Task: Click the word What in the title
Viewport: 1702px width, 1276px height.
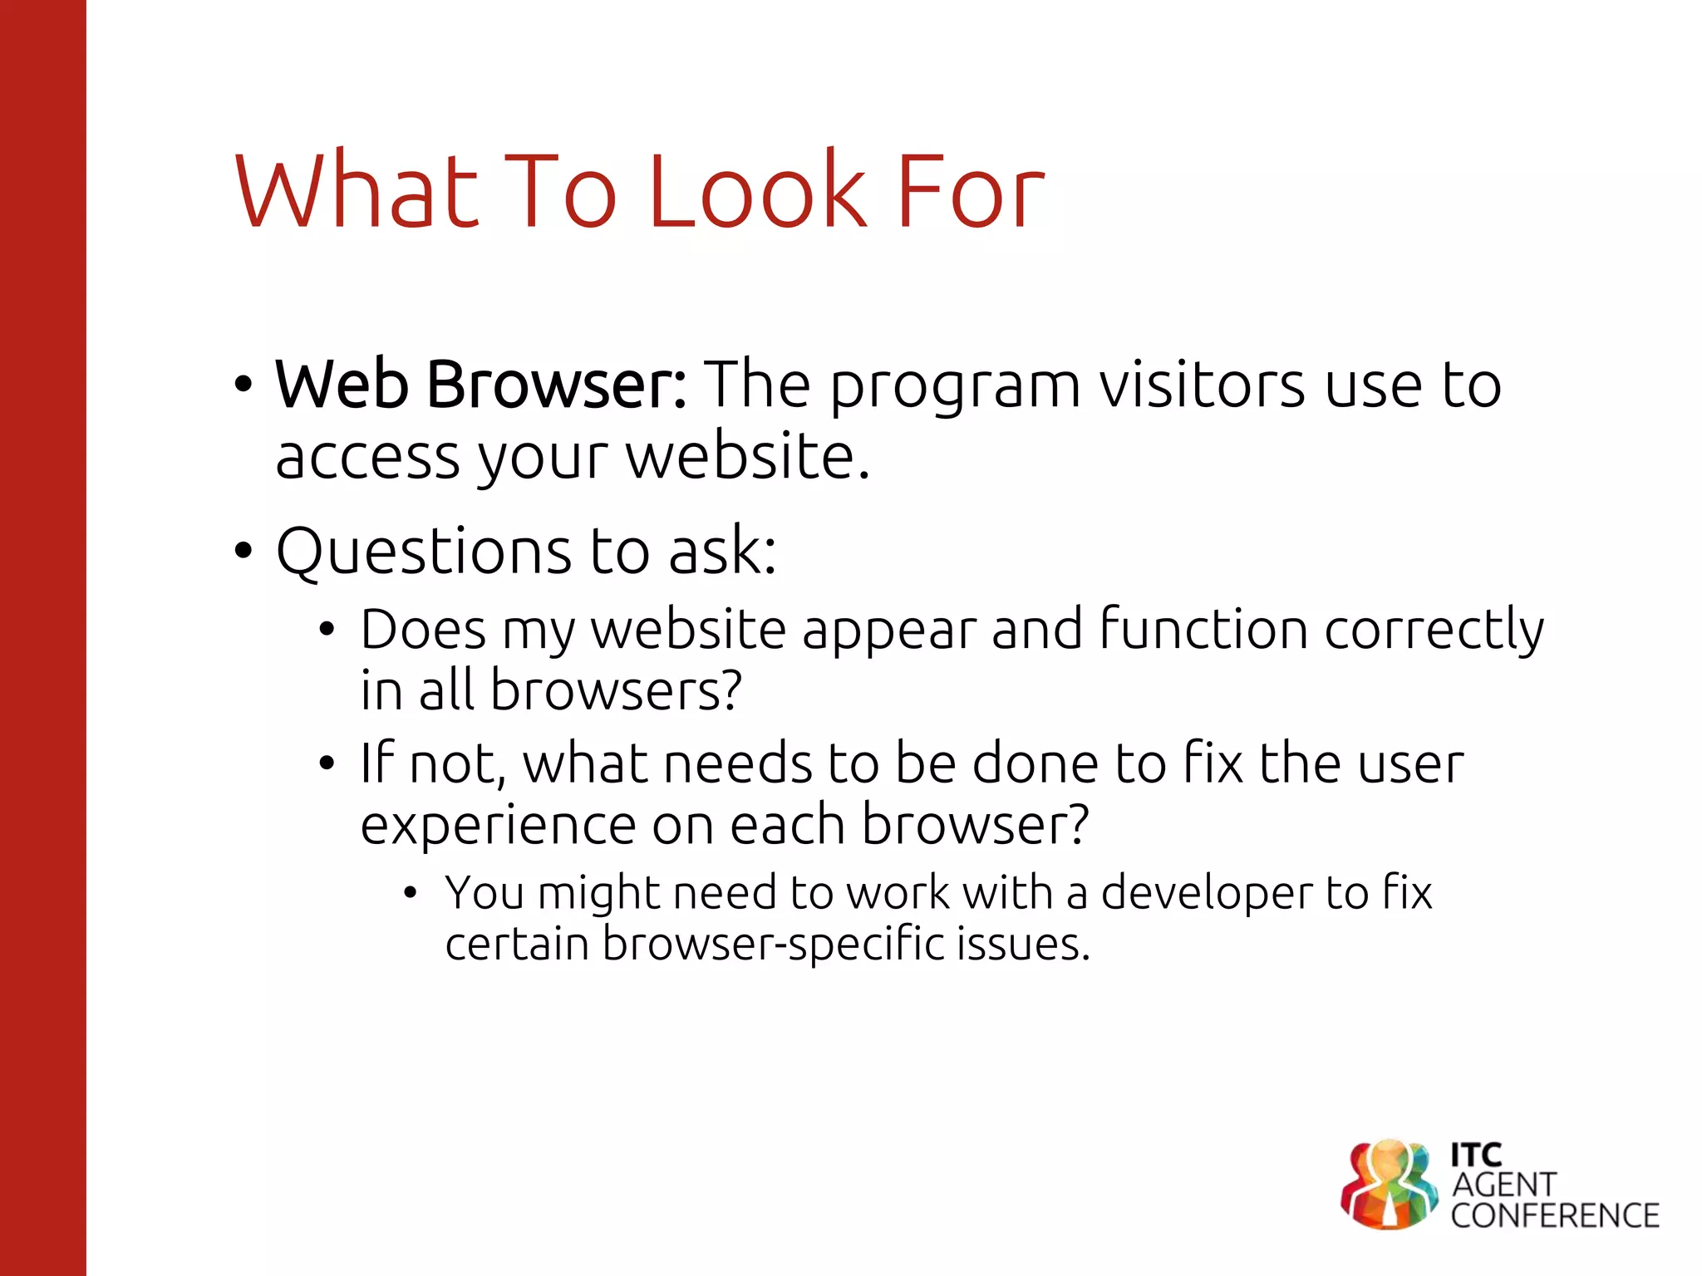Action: [x=357, y=192]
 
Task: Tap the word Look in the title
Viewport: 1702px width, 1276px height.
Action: [x=756, y=192]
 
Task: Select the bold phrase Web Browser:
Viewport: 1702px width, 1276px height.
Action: [x=480, y=385]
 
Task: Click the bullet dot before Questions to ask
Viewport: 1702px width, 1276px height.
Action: [x=243, y=551]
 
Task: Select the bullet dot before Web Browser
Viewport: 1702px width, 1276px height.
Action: [x=243, y=385]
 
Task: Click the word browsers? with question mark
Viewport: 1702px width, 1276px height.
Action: [x=615, y=691]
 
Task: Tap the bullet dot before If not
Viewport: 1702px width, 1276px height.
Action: [x=327, y=763]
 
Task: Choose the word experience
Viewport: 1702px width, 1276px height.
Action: [x=497, y=827]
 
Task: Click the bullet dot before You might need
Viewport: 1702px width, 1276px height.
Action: [x=410, y=894]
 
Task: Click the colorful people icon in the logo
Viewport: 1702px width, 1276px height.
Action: [x=1389, y=1184]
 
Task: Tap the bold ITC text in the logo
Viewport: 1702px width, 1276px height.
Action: [x=1476, y=1155]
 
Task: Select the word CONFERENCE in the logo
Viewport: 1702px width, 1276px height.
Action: [x=1554, y=1216]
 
